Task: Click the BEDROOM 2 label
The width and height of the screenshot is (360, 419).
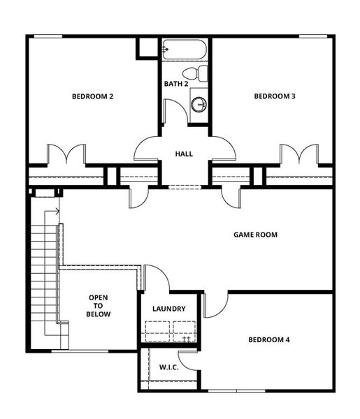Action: (x=92, y=96)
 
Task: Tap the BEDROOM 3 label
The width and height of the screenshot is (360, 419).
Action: (x=274, y=96)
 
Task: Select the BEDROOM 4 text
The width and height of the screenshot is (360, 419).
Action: (x=269, y=340)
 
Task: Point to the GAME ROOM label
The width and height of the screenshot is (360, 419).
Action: (x=255, y=235)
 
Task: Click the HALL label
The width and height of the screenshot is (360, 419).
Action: (x=184, y=154)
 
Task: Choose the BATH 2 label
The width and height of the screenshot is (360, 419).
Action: (x=176, y=84)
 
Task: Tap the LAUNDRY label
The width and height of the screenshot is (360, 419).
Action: (x=168, y=309)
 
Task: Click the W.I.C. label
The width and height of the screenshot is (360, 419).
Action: (x=168, y=367)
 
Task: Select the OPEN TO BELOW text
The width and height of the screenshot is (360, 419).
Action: (x=98, y=306)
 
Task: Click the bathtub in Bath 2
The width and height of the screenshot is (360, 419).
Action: (x=184, y=50)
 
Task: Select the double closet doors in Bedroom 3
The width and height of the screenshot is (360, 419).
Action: (x=299, y=154)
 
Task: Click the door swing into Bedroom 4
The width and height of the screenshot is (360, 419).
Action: (x=217, y=304)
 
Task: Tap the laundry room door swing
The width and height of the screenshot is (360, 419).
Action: (x=158, y=277)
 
